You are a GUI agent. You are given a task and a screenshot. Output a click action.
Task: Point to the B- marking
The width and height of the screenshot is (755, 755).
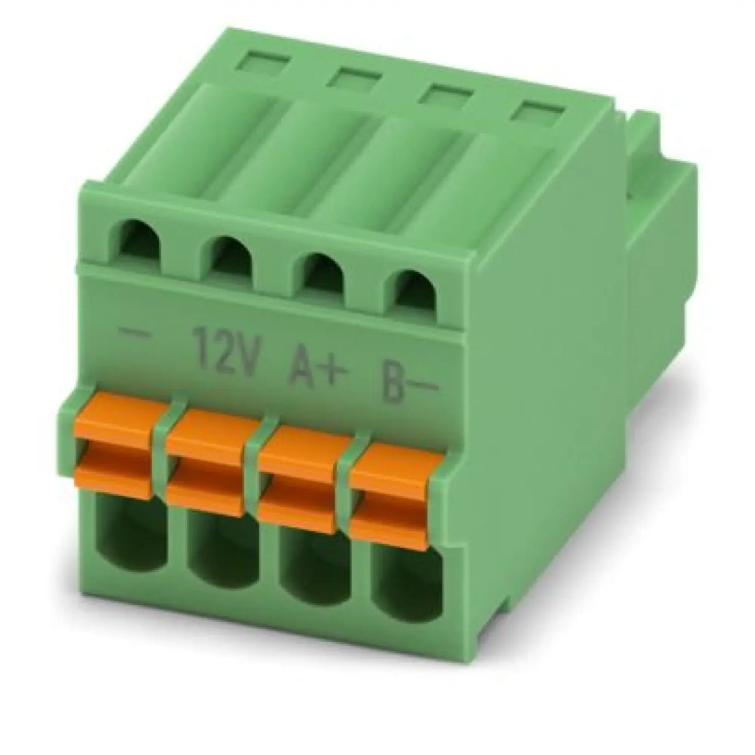[x=407, y=379]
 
